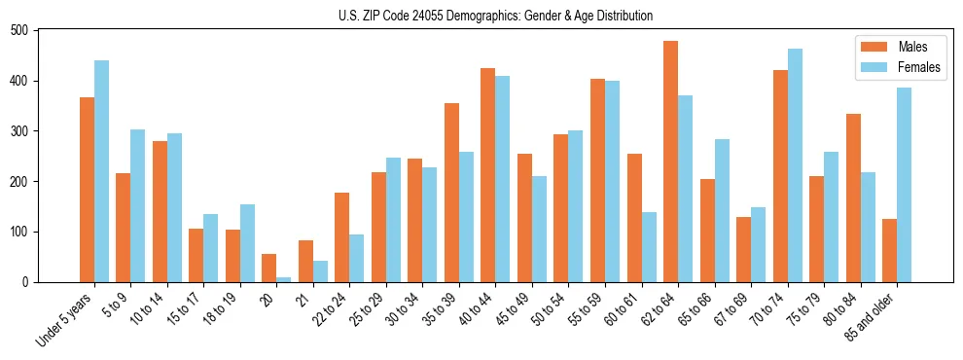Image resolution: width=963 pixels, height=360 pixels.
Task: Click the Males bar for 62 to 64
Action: (670, 162)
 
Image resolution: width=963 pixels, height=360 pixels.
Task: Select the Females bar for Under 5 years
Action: (101, 171)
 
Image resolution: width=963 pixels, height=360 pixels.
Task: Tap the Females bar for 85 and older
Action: (904, 185)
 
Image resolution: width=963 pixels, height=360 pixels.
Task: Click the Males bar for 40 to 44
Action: (488, 175)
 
